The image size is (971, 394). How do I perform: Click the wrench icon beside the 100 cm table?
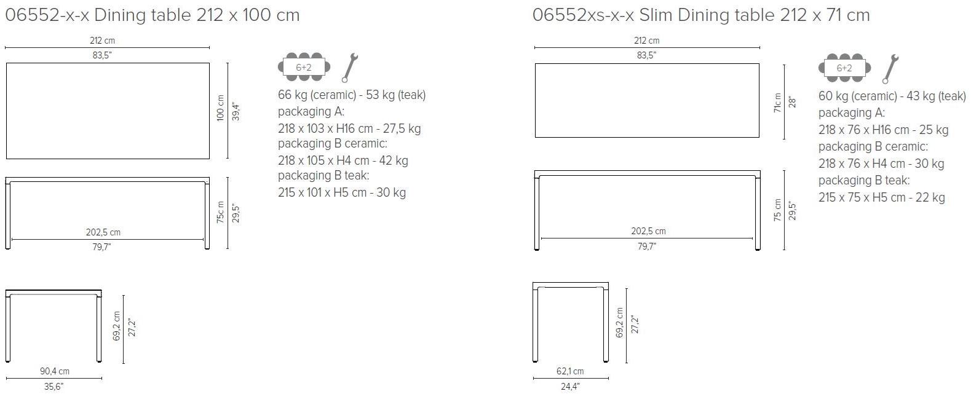349,68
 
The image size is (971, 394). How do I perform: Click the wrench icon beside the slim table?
889,69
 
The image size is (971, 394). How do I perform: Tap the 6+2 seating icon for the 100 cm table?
304,67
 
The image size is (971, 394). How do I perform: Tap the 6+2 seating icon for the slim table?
844,68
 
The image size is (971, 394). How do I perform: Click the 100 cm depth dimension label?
221,109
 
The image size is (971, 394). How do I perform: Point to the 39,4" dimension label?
234,111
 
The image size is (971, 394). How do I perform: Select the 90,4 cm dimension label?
55,371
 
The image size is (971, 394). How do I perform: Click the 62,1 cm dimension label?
569,371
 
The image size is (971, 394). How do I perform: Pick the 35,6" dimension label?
54,387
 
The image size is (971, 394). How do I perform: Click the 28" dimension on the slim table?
792,101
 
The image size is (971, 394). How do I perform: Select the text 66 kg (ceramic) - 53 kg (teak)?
352,95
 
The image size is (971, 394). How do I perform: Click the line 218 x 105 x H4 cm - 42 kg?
343,160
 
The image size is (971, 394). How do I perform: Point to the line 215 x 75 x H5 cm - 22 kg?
881,197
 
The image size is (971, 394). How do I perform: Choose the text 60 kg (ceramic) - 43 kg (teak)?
892,96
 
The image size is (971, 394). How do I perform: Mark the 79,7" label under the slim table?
646,246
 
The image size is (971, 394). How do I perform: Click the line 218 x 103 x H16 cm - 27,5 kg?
349,128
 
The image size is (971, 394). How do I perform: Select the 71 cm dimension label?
778,102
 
